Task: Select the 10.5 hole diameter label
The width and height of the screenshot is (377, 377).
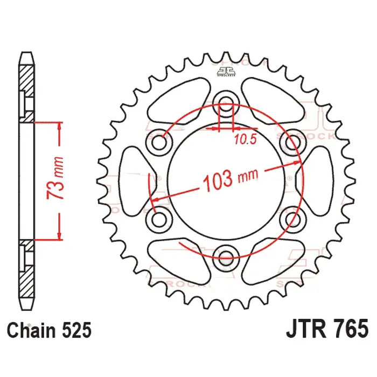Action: (x=245, y=141)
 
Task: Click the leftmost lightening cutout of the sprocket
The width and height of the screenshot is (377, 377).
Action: (x=134, y=179)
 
